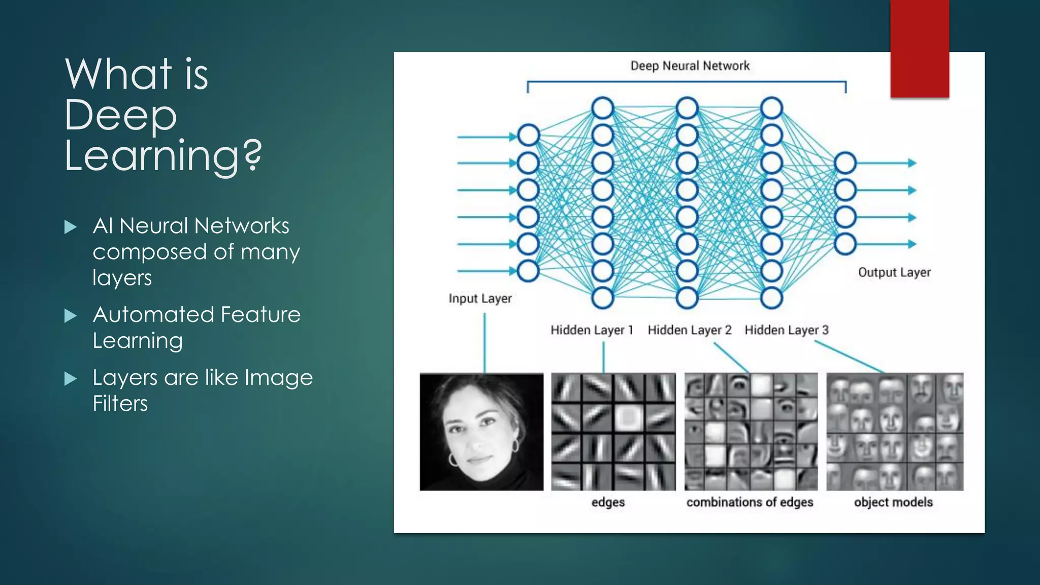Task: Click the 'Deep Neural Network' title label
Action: [690, 66]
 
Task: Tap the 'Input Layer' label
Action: [480, 299]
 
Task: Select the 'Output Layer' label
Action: [894, 273]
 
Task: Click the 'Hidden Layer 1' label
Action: [592, 330]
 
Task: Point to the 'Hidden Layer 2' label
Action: [689, 330]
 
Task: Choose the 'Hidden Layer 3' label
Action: [786, 330]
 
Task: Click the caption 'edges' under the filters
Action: [608, 502]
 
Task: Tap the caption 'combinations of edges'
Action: [750, 502]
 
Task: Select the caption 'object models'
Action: [893, 502]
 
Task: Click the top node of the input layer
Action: [528, 136]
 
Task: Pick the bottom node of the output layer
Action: [846, 244]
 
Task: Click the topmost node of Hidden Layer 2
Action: [687, 108]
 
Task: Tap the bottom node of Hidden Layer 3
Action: [771, 298]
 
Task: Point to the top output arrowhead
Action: [912, 163]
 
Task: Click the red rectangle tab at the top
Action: [919, 48]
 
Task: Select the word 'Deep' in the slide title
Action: [121, 116]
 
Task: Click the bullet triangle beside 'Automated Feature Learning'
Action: [71, 316]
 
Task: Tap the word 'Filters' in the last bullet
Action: [120, 404]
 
